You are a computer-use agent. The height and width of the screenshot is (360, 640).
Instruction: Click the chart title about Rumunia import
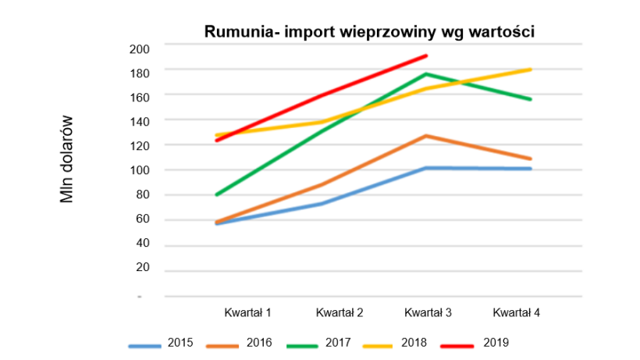point(368,32)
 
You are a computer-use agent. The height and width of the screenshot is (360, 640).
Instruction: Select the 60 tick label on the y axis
point(140,219)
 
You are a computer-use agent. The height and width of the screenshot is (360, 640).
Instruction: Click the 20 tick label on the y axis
point(140,268)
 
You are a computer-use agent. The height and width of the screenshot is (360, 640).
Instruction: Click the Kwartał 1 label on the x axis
point(248,313)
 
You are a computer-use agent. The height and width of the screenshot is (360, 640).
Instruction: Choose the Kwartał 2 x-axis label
point(340,313)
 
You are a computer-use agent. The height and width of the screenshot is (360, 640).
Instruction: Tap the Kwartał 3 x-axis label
point(428,313)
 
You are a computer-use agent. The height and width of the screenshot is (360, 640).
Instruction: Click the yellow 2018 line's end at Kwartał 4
point(531,70)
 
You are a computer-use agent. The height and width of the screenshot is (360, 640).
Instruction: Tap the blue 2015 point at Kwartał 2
point(322,204)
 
